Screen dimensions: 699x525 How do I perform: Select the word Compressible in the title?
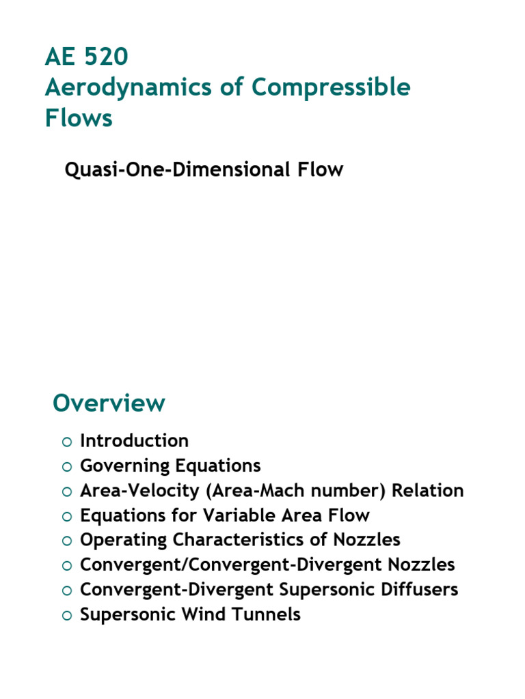pos(332,88)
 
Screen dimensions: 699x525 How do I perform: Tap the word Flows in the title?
pos(79,118)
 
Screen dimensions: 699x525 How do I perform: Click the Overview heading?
pos(109,403)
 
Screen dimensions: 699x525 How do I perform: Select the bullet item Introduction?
pos(134,441)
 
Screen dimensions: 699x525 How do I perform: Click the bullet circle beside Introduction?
pos(66,442)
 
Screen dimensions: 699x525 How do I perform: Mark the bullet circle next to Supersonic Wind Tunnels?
pos(66,616)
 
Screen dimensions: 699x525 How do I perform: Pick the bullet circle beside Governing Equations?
pos(66,467)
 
